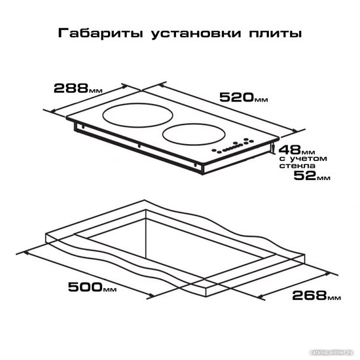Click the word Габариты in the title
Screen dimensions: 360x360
[101, 33]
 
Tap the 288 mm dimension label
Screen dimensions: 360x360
[78, 88]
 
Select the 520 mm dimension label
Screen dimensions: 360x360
[243, 97]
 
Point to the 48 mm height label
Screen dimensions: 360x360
[297, 150]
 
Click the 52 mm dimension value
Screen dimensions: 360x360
[312, 175]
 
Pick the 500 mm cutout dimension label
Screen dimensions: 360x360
[92, 287]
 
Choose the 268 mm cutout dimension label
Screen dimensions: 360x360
[316, 295]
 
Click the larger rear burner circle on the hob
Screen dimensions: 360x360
[137, 103]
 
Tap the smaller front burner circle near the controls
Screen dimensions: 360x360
[194, 124]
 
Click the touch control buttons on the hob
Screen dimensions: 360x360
[232, 145]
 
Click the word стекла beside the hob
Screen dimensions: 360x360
[297, 166]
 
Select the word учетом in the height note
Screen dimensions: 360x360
[308, 158]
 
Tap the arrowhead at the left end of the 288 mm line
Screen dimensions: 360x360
[53, 112]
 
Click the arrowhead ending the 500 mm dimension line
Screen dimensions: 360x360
[152, 295]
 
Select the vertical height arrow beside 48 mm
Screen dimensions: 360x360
[272, 148]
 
